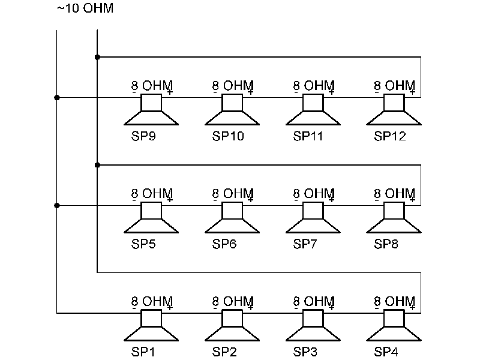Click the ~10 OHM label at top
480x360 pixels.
click(85, 9)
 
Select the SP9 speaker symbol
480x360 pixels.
click(151, 111)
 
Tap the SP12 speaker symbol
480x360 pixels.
click(394, 111)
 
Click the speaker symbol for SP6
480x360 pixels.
click(232, 219)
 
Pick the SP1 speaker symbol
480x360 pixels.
click(151, 327)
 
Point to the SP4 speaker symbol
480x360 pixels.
click(394, 327)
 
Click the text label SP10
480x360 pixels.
click(228, 136)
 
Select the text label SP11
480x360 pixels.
click(308, 136)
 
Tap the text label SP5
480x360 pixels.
click(144, 244)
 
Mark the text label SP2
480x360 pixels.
click(225, 352)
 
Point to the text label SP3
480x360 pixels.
click(306, 352)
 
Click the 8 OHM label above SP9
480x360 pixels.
click(152, 86)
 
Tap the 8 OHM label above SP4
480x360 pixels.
click(394, 302)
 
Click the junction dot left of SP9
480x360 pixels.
click(57, 97)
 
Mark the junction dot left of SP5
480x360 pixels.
click(57, 205)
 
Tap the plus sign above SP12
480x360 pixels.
click(413, 92)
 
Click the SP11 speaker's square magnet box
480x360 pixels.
click(313, 103)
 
